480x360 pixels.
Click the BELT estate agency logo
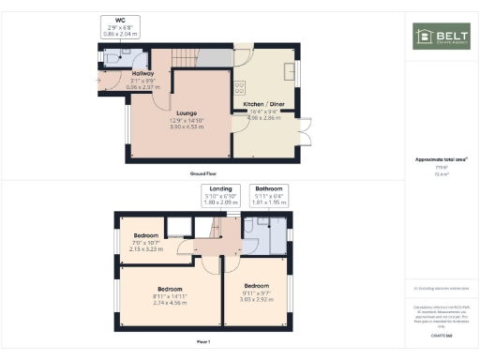pos(440,37)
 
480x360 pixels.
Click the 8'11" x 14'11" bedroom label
pos(170,295)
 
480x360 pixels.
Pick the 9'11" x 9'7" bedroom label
pos(257,291)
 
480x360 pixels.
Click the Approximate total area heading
pos(441,160)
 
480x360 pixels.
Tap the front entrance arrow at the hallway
pos(103,79)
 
